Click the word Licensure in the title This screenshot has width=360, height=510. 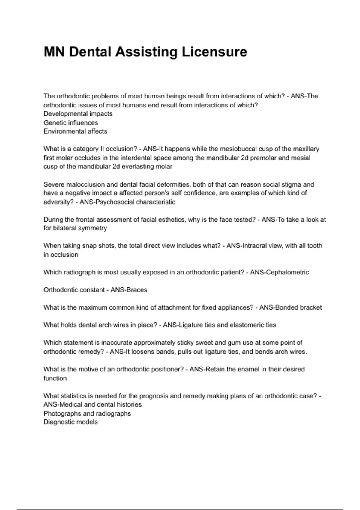pos(214,52)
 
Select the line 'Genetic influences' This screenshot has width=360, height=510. pos(71,123)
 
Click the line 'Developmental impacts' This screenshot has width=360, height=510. pos(78,114)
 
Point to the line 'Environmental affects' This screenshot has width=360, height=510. pos(75,131)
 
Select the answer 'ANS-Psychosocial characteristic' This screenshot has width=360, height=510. pos(127,202)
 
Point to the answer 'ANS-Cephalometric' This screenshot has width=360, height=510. pos(279,272)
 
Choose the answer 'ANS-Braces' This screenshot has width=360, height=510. pos(129,290)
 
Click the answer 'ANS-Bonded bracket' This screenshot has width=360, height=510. pos(290,307)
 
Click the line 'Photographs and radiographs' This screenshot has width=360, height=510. pos(87,413)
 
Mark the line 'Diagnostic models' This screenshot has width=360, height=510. pos(70,422)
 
